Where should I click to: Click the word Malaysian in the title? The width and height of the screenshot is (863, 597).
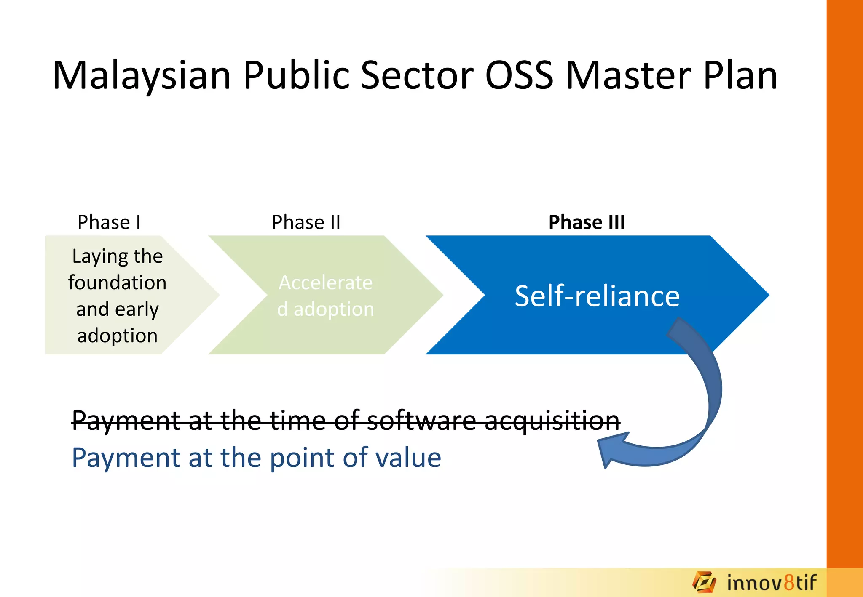(x=142, y=76)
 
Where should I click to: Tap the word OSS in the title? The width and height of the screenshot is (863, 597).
(x=519, y=76)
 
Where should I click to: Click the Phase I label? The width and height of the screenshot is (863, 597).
(x=109, y=222)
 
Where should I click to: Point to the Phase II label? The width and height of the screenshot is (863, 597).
(x=306, y=222)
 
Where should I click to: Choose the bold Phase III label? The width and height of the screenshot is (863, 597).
(x=587, y=222)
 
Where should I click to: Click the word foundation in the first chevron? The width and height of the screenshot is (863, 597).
(x=117, y=283)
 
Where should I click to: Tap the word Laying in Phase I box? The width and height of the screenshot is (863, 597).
(x=94, y=257)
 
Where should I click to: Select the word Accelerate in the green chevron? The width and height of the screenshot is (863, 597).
(x=325, y=283)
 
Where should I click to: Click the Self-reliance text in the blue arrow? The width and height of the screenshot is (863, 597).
(x=597, y=296)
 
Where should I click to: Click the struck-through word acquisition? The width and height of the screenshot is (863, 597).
(x=552, y=421)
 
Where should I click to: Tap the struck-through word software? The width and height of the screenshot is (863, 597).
(x=421, y=421)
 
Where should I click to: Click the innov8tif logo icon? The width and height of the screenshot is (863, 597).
(x=704, y=583)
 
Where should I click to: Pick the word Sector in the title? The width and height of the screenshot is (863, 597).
(x=417, y=76)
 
